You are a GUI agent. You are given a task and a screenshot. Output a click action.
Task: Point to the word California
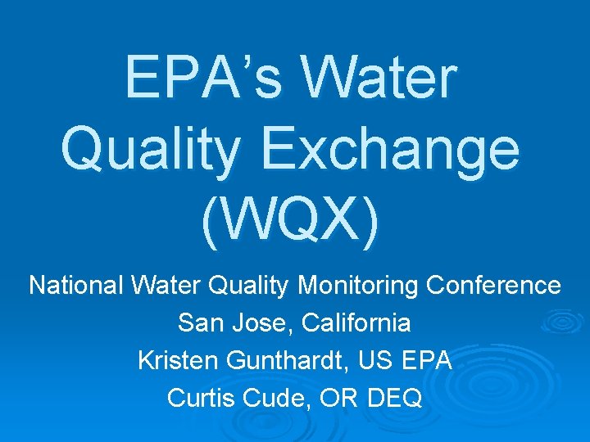click(x=356, y=323)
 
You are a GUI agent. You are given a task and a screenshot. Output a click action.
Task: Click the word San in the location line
click(x=198, y=323)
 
